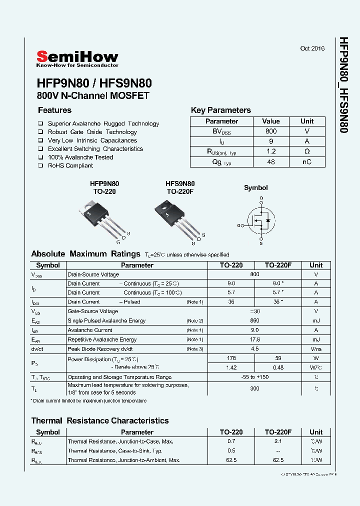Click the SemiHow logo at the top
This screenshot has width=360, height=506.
pos(77,58)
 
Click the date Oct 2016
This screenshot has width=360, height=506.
pos(312,48)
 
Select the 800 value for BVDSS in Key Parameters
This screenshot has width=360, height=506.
pos(271,131)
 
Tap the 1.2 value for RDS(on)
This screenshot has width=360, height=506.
pos(271,151)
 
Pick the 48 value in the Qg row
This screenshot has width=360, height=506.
pos(271,162)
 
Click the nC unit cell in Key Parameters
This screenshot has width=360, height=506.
pos(307,162)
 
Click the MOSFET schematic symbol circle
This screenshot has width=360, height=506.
pos(260,220)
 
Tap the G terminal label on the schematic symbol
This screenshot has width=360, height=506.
pos(239,225)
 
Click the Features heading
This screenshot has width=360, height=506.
pos(54,110)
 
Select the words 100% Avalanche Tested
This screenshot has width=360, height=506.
pos(80,157)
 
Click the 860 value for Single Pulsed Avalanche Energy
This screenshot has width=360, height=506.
pos(254,320)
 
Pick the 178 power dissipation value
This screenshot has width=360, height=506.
pos(230,358)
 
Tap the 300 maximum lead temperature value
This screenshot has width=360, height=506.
pos(254,388)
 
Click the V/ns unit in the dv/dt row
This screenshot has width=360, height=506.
pos(315,349)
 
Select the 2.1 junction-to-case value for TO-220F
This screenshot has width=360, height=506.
pos(278,441)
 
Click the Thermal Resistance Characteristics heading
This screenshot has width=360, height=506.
pos(100,420)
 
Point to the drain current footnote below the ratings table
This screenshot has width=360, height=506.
pos(88,401)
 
